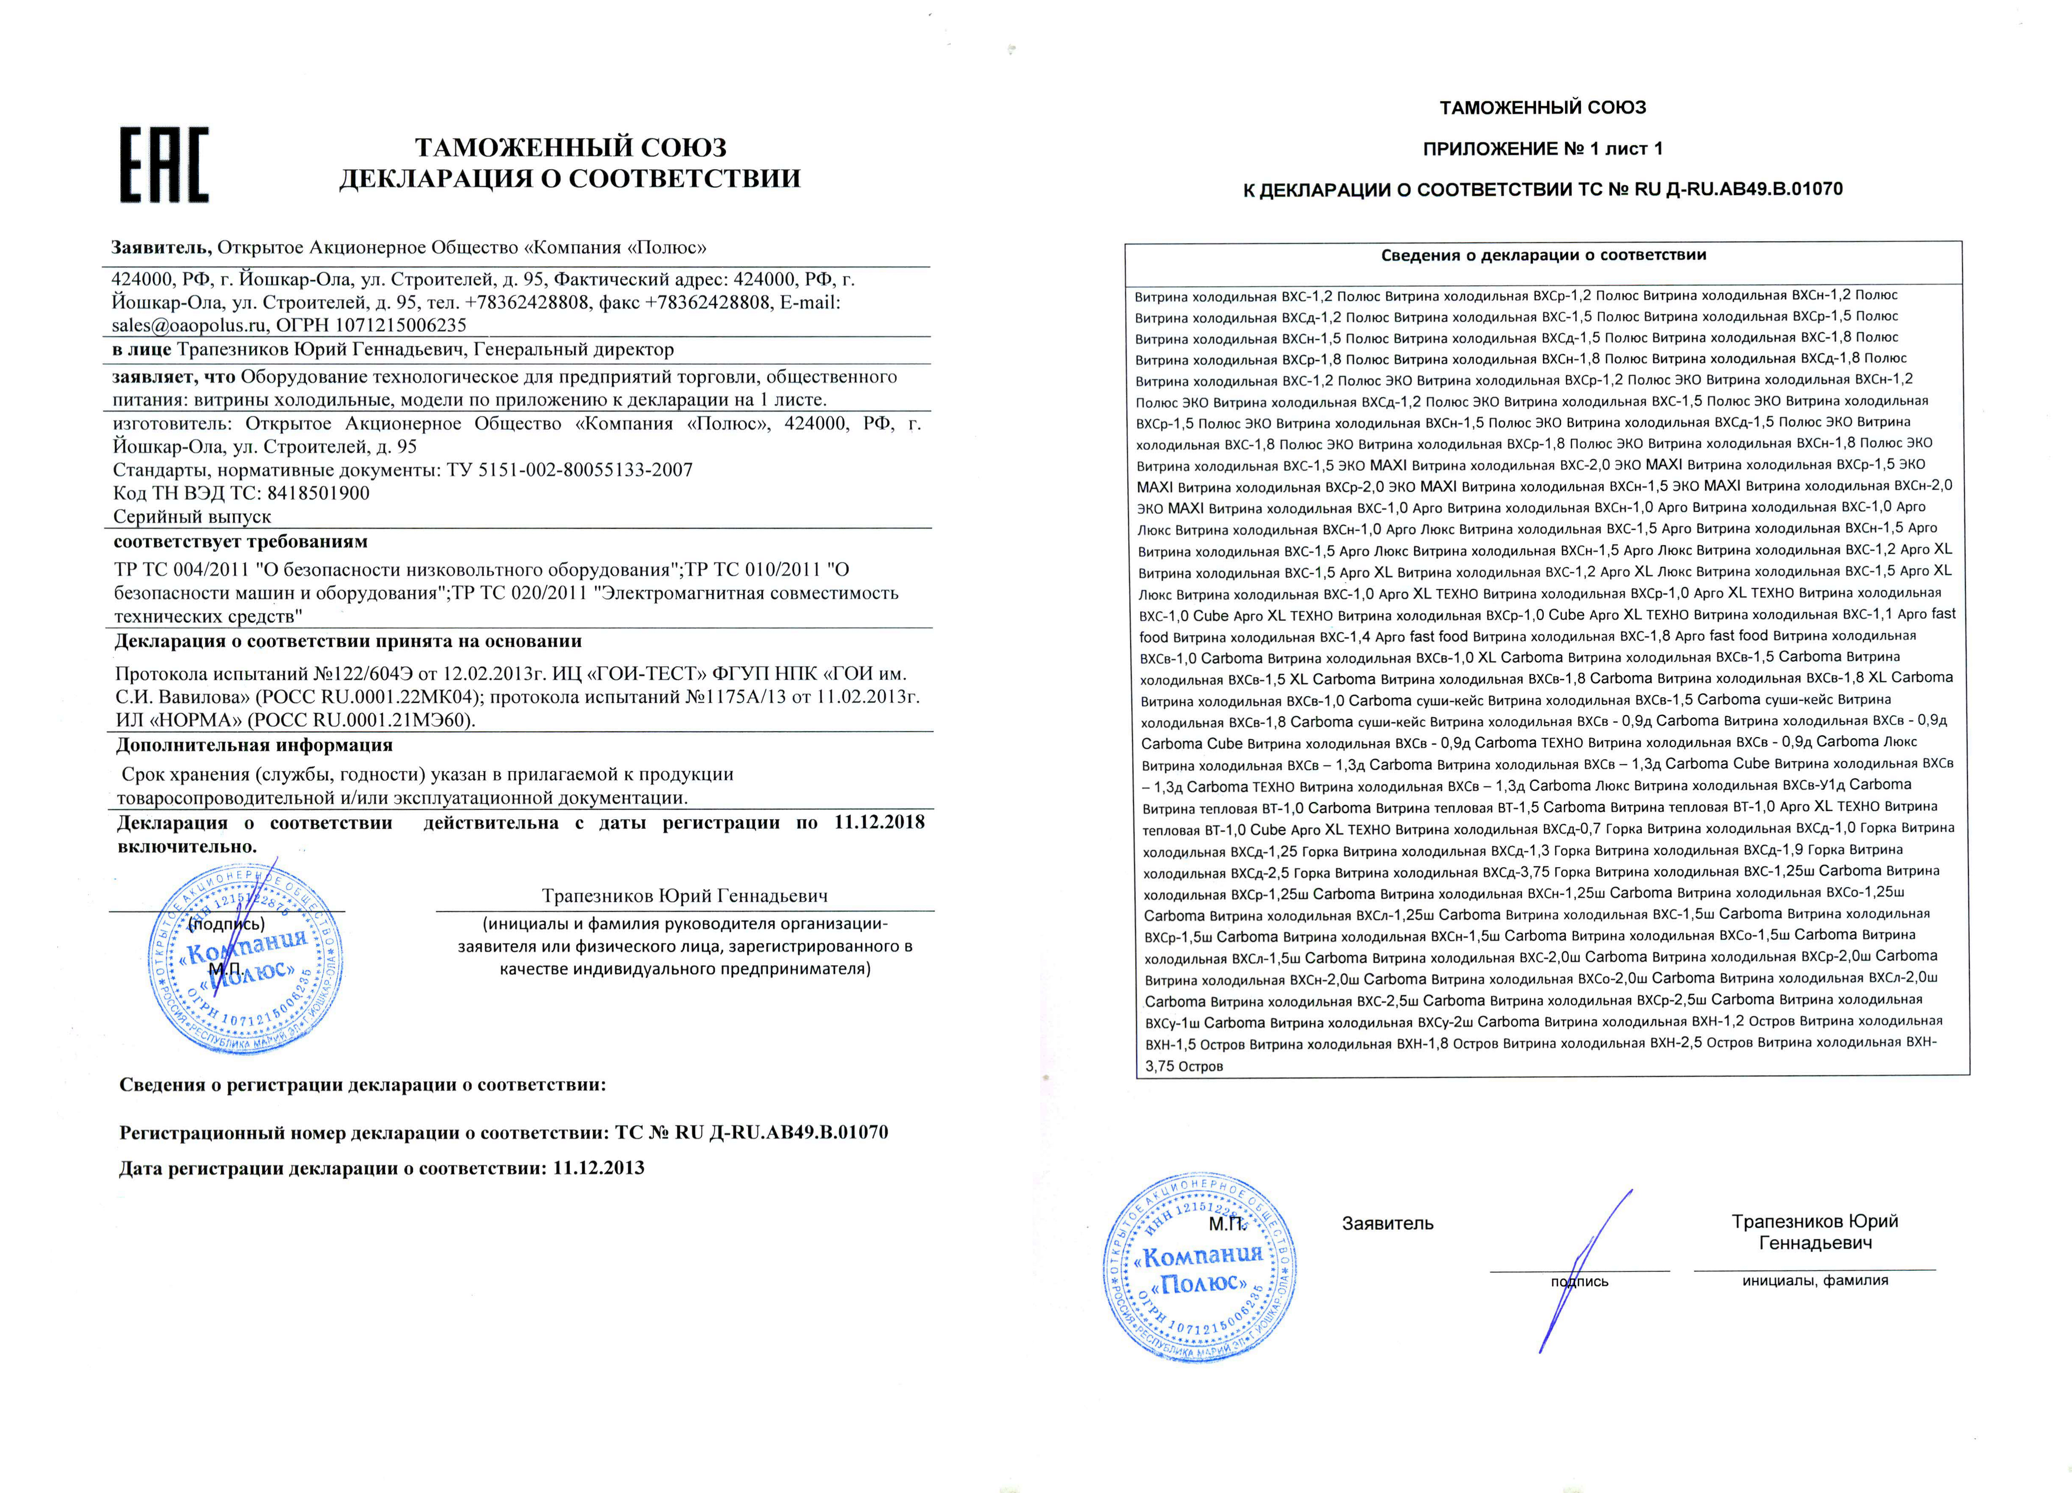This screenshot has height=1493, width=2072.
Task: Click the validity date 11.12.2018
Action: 879,822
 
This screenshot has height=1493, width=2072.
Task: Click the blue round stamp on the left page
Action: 246,959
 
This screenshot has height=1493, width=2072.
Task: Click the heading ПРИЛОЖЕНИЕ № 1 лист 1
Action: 1543,149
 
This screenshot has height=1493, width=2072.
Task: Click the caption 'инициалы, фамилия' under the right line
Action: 1814,1280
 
